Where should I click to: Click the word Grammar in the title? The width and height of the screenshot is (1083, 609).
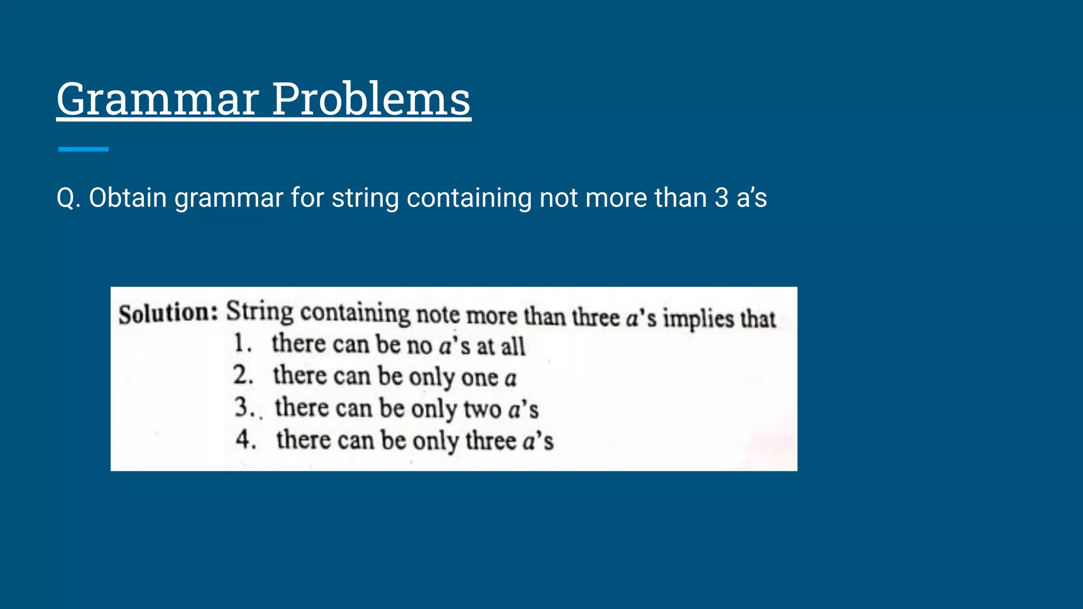click(158, 99)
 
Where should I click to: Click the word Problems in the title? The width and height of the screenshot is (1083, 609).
click(371, 99)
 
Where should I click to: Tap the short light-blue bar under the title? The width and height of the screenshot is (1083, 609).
click(83, 150)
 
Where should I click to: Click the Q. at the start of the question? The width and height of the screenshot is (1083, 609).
click(68, 198)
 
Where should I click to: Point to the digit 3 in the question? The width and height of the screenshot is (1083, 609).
click(721, 198)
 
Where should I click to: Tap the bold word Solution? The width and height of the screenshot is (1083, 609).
click(168, 313)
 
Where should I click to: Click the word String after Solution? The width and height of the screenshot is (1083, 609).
click(259, 312)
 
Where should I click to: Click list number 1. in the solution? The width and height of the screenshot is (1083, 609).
click(243, 344)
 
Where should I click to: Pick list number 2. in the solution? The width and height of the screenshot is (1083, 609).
click(243, 375)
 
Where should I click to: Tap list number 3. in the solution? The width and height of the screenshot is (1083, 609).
click(245, 408)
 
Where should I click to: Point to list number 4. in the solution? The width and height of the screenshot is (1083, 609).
click(246, 439)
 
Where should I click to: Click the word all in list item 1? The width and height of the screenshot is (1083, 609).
click(513, 347)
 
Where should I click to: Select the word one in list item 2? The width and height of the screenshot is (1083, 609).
click(479, 378)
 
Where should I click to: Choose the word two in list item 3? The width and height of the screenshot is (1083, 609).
click(482, 410)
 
